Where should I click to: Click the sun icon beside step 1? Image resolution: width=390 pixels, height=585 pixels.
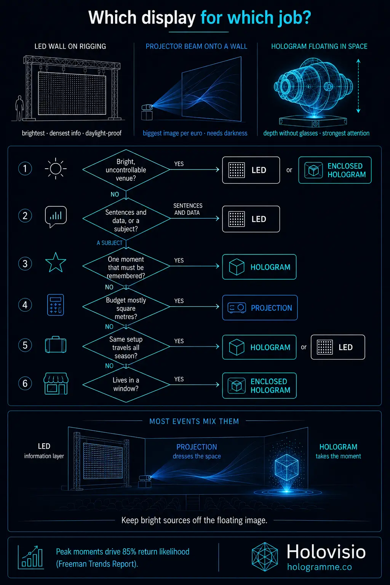coord(56,169)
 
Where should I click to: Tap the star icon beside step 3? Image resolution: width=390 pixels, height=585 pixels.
coord(56,263)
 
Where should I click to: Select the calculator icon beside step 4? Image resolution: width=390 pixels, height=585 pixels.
coord(55,305)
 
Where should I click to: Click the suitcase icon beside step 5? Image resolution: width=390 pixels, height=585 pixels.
coord(56,345)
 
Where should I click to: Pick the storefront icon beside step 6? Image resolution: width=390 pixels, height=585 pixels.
coord(56,384)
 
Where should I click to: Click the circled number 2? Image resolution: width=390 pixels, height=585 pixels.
coord(25,216)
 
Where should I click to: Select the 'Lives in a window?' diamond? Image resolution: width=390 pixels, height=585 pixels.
coord(126,384)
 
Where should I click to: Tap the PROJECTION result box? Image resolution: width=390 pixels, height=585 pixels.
coord(260,308)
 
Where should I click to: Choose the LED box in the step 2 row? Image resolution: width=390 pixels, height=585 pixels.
coord(251,219)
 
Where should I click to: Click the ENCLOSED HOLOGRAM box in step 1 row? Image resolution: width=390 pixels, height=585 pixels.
coord(335,170)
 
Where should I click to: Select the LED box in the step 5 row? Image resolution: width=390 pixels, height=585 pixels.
coord(338,347)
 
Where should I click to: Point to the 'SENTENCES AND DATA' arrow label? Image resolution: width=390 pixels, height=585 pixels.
coord(188,209)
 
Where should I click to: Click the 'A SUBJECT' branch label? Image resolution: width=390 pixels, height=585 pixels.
coord(109,243)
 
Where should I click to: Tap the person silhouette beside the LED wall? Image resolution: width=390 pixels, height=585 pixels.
coord(19,108)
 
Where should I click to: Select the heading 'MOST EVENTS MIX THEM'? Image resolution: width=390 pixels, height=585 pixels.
coord(194,421)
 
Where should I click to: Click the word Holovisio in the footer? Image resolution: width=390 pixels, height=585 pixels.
coord(326,551)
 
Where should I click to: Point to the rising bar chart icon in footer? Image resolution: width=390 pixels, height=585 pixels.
coord(31,557)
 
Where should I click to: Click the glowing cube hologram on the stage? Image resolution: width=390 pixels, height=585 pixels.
coord(286,467)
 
